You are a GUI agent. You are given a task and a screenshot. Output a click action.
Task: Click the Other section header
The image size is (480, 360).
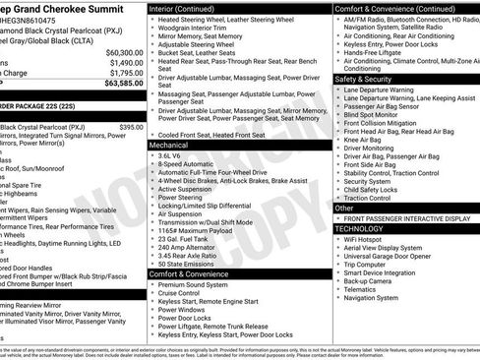tap(345, 208)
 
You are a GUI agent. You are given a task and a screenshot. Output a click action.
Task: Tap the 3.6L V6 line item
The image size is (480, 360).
tap(175, 155)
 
